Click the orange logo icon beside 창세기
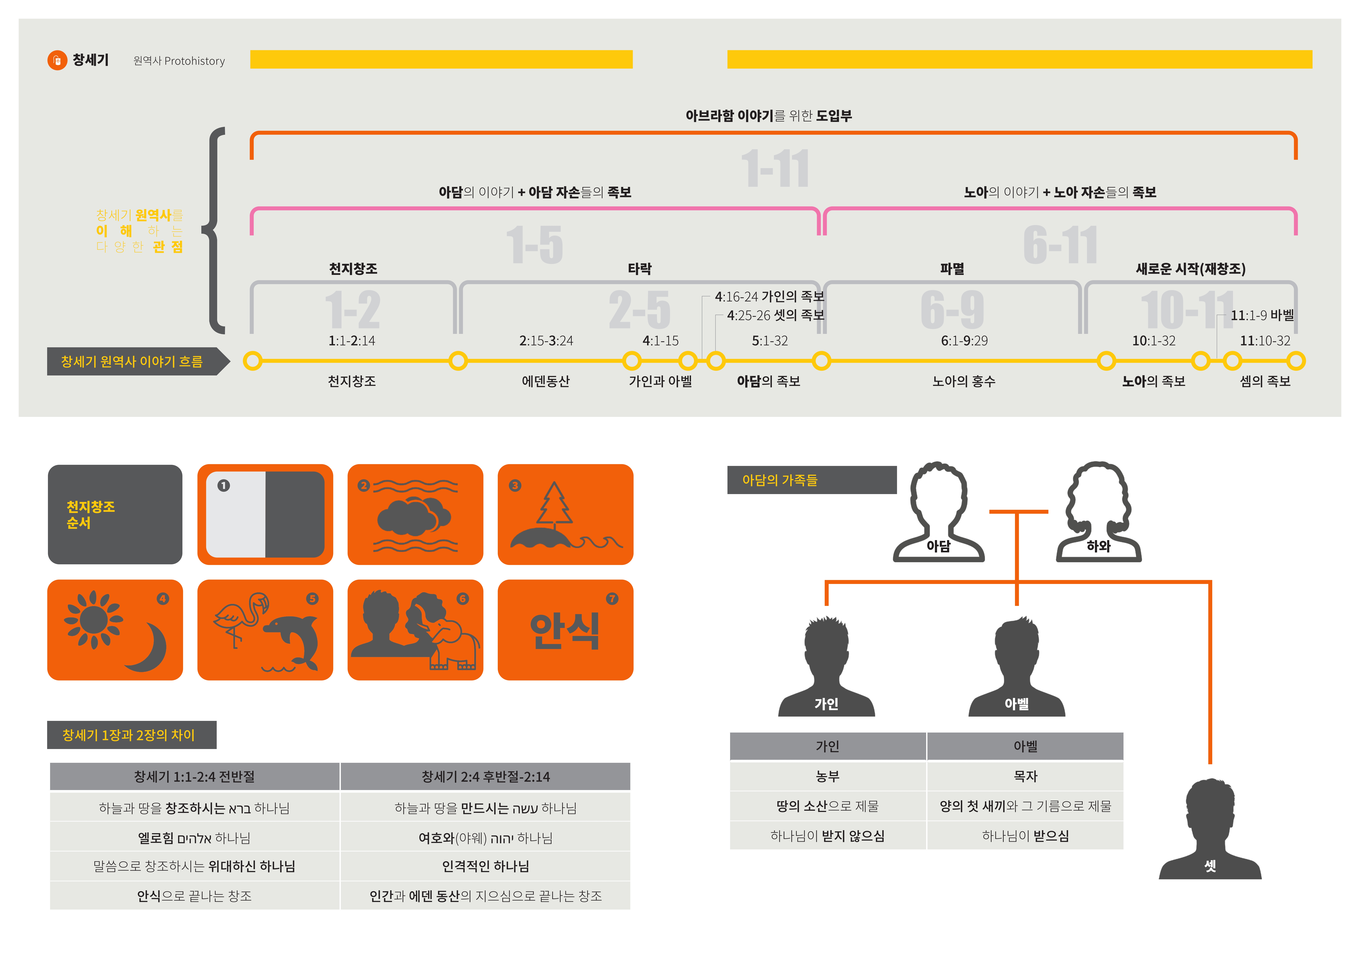57,60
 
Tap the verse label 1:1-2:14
352,341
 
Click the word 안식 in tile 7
565,631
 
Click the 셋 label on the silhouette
1210,866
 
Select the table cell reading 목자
1025,776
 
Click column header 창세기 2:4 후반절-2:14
485,776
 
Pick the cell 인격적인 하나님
485,866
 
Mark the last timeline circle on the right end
1296,361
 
